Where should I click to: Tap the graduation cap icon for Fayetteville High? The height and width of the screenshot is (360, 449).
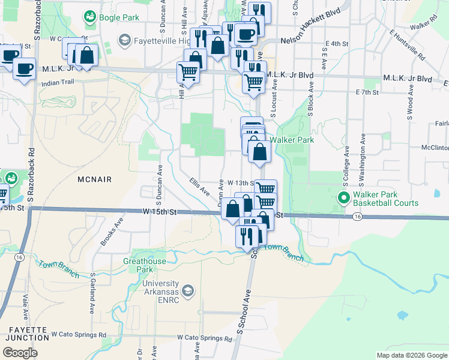pyautogui.click(x=125, y=40)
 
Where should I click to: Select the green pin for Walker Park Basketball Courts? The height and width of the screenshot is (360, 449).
pyautogui.click(x=344, y=197)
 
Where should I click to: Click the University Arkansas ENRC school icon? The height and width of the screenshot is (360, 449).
pyautogui.click(x=188, y=291)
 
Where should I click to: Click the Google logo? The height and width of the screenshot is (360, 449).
pyautogui.click(x=20, y=353)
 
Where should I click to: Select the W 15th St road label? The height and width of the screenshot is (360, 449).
pyautogui.click(x=160, y=212)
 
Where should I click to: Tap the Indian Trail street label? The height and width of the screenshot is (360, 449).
pyautogui.click(x=57, y=83)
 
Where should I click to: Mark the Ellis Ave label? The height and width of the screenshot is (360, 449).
pyautogui.click(x=199, y=187)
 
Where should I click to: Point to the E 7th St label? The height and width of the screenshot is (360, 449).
pyautogui.click(x=367, y=92)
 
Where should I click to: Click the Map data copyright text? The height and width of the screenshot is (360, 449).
pyautogui.click(x=412, y=355)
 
